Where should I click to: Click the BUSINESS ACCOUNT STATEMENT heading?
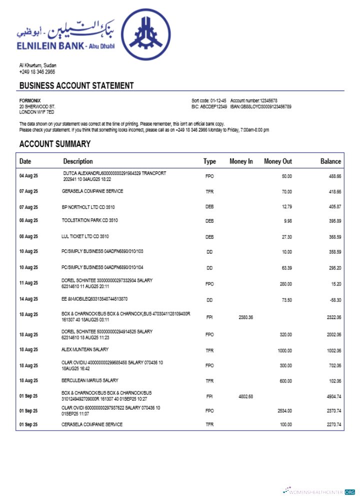(76, 85)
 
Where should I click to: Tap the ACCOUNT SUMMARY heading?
(55, 144)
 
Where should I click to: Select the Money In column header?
(241, 161)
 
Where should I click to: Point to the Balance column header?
(330, 161)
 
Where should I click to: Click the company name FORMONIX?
(30, 100)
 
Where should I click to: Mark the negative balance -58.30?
(333, 299)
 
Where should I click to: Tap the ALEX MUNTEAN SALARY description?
(85, 349)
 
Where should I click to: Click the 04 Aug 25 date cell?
(28, 176)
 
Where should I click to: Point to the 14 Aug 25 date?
(28, 299)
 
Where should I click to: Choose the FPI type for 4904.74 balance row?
(209, 396)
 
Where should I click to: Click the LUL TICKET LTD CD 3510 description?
(85, 236)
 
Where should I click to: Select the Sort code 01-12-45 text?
(209, 100)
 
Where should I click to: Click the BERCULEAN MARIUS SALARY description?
(90, 380)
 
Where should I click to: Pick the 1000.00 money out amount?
(284, 350)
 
